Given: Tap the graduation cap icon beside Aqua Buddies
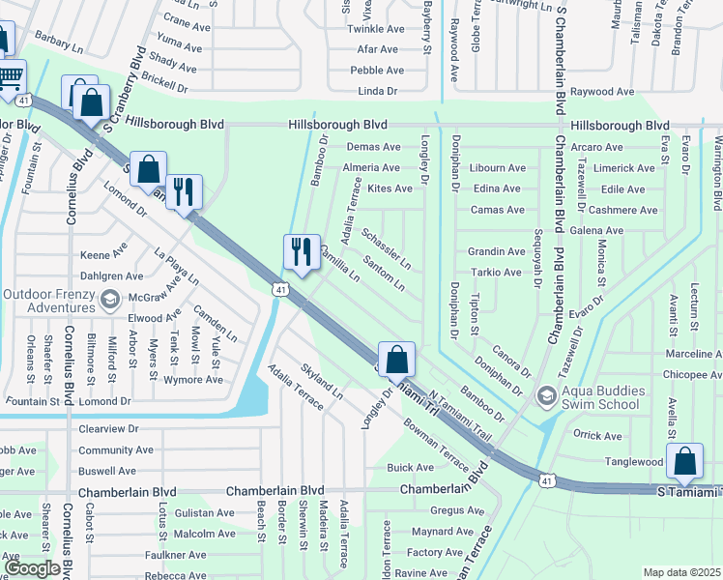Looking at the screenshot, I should point(547,395).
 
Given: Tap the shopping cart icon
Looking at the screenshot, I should point(10,76).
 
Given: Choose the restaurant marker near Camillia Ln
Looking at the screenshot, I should point(302,253).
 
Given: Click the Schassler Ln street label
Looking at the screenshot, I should point(386,248).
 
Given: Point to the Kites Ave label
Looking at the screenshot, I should point(390,188).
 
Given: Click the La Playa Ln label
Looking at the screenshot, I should point(176,268).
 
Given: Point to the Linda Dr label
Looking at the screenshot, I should point(378,91).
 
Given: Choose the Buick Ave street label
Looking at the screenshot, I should point(410,467).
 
